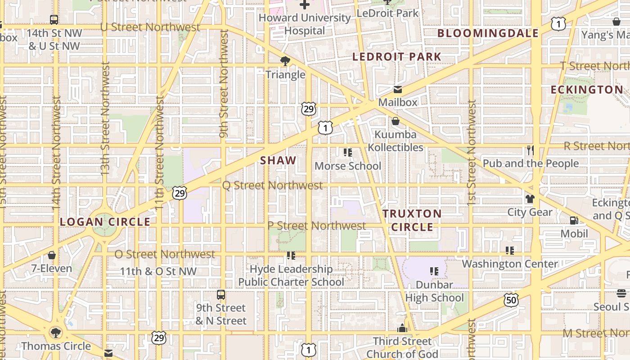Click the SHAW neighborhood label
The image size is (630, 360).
click(278, 160)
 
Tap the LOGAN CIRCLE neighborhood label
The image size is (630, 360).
click(105, 222)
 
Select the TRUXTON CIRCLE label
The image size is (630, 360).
click(412, 220)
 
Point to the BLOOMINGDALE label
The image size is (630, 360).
click(488, 33)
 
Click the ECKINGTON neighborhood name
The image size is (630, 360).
click(587, 90)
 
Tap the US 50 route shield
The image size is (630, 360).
click(511, 300)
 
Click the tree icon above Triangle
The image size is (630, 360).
click(285, 61)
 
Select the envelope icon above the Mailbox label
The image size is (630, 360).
click(398, 89)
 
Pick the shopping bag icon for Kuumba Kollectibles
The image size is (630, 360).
click(396, 121)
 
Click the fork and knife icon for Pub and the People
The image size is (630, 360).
click(531, 150)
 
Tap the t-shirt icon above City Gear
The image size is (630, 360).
click(530, 198)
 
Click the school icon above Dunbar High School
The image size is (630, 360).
click(434, 271)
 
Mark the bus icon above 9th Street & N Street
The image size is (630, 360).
click(221, 295)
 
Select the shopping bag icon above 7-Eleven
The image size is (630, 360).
click(52, 255)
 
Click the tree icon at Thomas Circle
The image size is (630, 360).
click(56, 333)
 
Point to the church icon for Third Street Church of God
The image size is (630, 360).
click(402, 328)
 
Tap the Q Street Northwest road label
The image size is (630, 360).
click(272, 185)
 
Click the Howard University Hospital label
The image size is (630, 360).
click(305, 24)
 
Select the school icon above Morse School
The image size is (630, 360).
click(347, 153)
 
